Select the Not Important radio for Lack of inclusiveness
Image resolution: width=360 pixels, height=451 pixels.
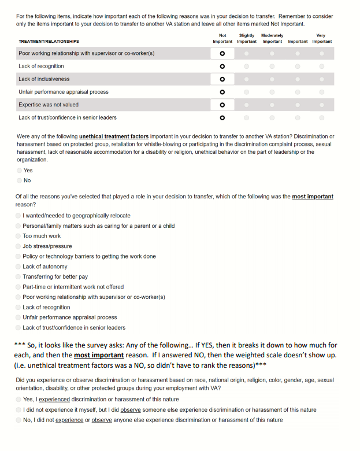pos(222,79)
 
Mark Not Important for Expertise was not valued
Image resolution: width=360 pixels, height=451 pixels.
pos(222,105)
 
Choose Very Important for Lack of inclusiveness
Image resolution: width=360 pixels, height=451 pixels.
pos(322,79)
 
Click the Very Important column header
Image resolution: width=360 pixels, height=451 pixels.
pos(322,39)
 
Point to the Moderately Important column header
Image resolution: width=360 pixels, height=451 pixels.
pos(272,39)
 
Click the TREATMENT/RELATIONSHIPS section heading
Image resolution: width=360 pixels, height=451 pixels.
pos(49,42)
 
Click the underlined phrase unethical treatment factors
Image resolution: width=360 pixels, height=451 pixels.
pos(113,136)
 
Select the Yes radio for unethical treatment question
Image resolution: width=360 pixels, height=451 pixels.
pos(19,171)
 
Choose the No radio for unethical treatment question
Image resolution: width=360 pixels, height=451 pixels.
pos(19,180)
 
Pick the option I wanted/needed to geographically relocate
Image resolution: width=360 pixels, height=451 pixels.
pos(18,216)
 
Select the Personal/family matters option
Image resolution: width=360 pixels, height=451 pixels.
pos(18,226)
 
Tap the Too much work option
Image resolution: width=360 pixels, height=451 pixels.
pos(18,236)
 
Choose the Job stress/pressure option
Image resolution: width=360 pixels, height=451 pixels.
pos(18,246)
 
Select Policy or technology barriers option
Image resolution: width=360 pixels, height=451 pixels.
pos(18,256)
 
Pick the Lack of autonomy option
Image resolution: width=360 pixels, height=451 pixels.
pos(18,267)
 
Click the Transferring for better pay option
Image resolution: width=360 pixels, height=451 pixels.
pos(18,277)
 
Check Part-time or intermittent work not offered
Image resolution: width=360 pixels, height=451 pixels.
pos(18,287)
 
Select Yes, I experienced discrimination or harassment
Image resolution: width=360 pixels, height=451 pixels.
pos(18,400)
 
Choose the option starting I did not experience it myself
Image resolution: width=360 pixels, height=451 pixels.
pos(18,410)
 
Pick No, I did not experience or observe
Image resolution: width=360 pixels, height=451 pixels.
pos(18,420)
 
